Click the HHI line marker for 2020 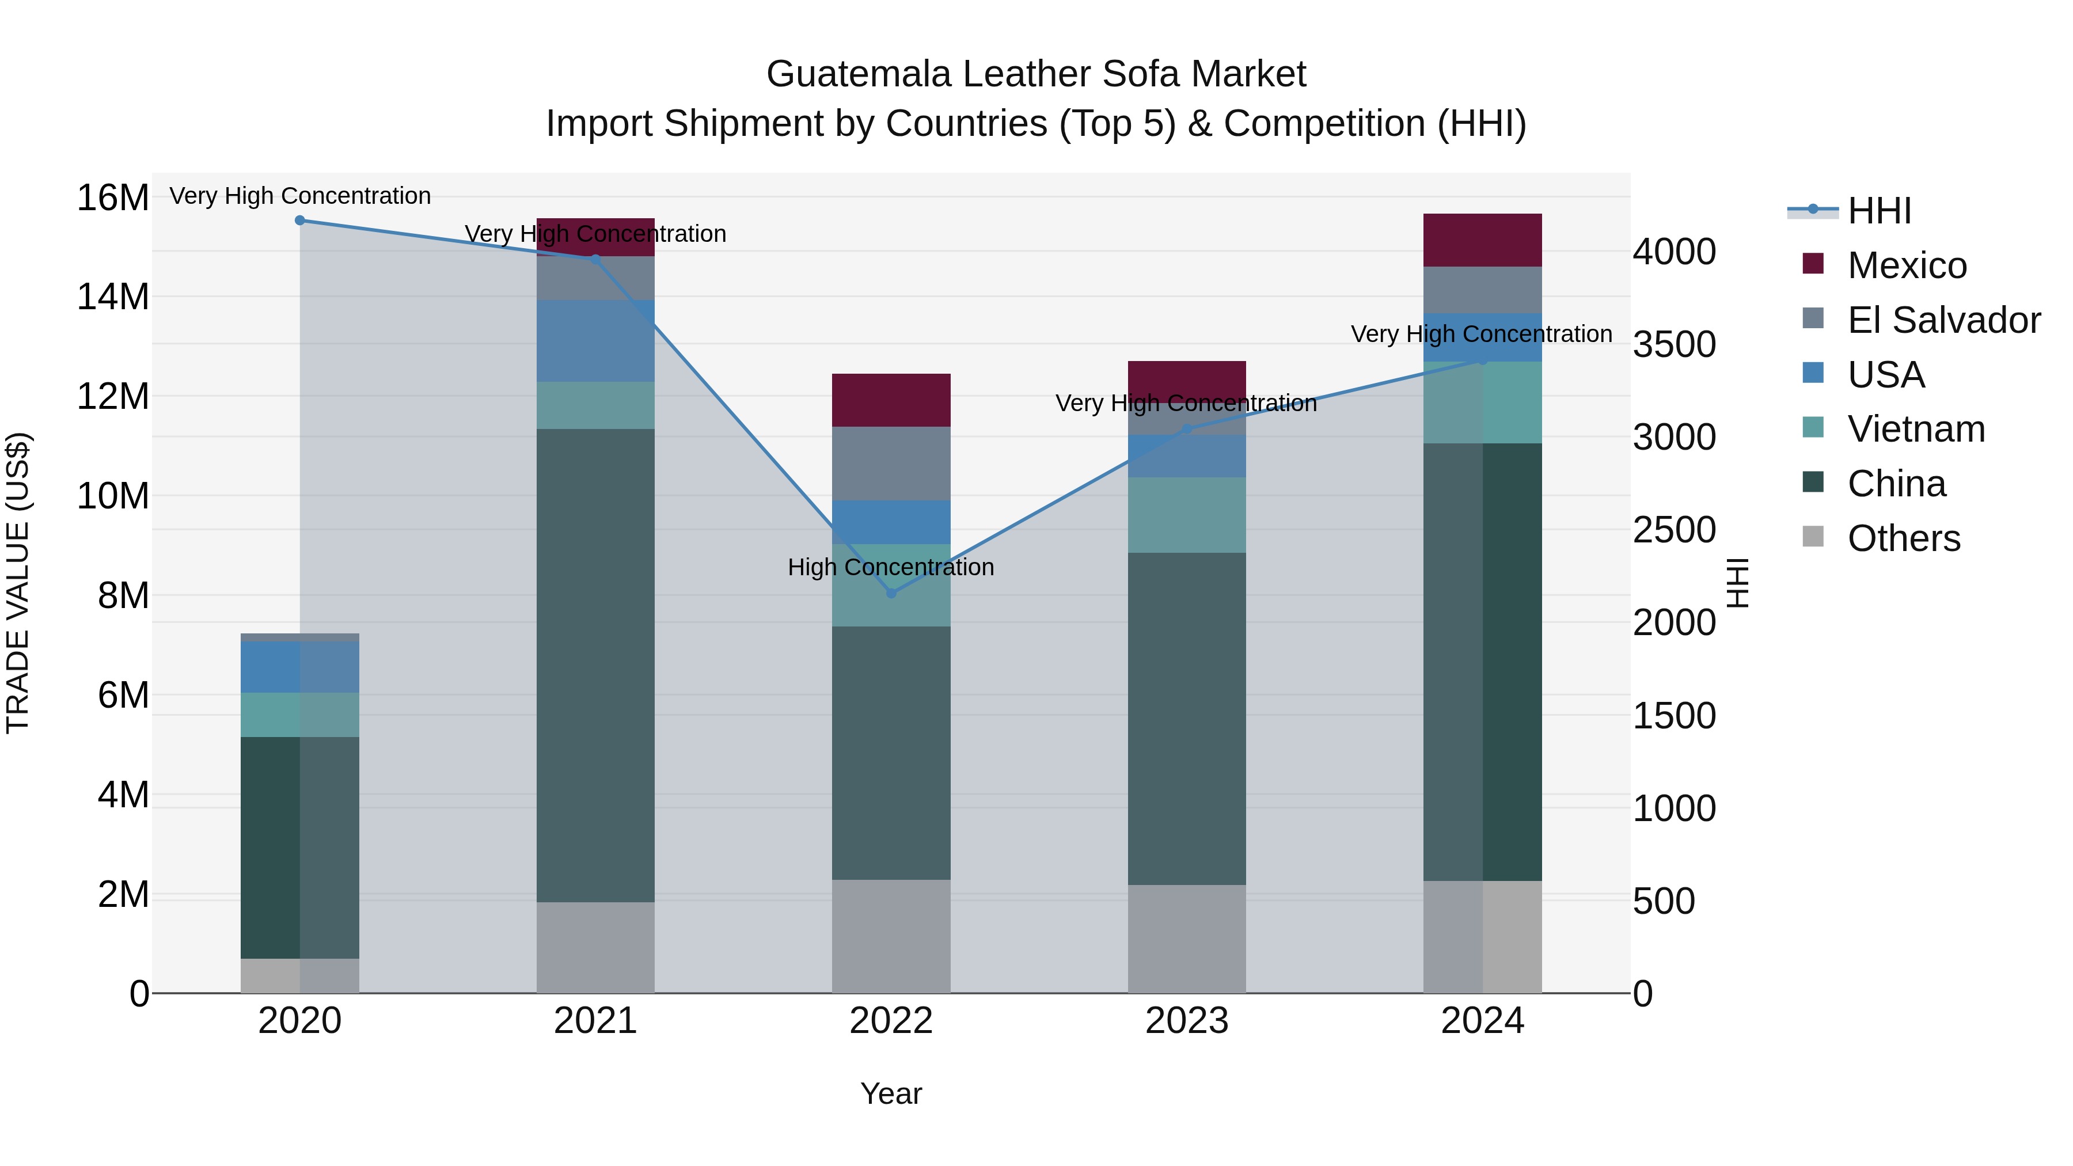pos(299,220)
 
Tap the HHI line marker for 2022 pos(891,593)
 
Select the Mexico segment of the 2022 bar pos(891,400)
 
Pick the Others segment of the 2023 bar pos(1187,939)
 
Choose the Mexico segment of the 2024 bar pos(1482,240)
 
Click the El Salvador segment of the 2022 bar pos(891,464)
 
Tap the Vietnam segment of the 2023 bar pos(1187,515)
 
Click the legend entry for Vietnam pos(1916,429)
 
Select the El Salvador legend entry pos(1943,320)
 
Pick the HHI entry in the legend pos(1878,211)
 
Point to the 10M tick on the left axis pos(113,496)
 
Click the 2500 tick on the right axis pos(1674,530)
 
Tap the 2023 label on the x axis pos(1187,1021)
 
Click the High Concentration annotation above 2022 pos(891,567)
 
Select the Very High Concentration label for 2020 pos(300,196)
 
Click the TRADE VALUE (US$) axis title pos(18,583)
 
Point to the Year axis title pos(891,1093)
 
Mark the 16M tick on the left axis pos(113,198)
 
